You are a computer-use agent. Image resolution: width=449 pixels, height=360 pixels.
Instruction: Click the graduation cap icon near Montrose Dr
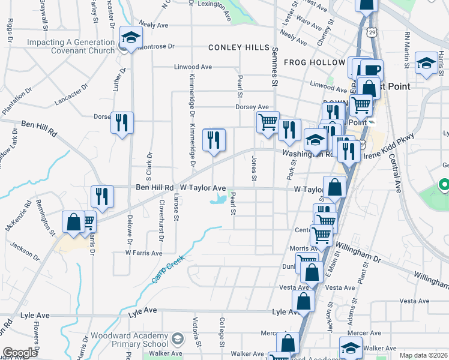click(x=130, y=38)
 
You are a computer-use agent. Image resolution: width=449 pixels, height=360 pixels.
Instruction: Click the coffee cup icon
click(x=372, y=70)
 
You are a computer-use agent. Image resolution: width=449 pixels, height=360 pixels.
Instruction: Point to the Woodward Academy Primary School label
click(x=128, y=340)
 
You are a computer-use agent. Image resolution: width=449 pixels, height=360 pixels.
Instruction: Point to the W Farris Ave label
click(x=143, y=253)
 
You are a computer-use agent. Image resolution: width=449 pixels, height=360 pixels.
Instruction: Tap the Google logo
click(x=20, y=353)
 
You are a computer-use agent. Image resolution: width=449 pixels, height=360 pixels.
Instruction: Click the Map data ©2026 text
click(x=423, y=356)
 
